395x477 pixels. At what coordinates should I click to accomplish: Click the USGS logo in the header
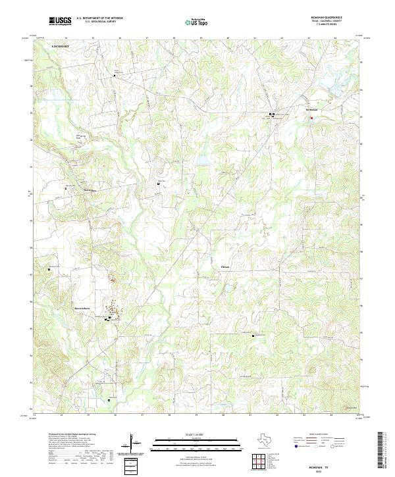coord(60,22)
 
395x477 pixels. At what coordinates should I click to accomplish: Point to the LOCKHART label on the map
coord(61,49)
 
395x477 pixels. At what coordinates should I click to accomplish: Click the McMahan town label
coord(311,110)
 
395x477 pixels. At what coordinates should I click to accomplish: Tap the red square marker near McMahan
coord(312,118)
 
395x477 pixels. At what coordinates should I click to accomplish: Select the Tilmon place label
coord(225,269)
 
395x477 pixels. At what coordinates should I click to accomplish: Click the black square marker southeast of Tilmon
coord(253,336)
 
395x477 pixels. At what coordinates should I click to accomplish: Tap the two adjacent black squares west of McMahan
coord(271,114)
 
